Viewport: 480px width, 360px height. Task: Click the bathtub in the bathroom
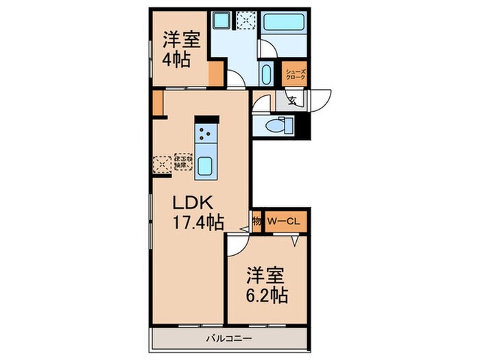click(x=283, y=25)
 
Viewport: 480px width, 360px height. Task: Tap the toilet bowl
click(x=277, y=125)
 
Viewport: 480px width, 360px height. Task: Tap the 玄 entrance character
click(x=291, y=102)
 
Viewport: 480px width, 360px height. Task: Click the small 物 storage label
click(x=256, y=221)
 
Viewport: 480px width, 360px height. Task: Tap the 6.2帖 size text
click(x=266, y=296)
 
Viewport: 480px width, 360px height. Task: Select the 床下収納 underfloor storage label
click(x=182, y=161)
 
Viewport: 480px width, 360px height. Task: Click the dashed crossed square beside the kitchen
click(x=162, y=164)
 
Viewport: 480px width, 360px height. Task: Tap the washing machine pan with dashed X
click(x=245, y=21)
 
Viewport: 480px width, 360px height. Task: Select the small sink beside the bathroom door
click(x=266, y=72)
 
